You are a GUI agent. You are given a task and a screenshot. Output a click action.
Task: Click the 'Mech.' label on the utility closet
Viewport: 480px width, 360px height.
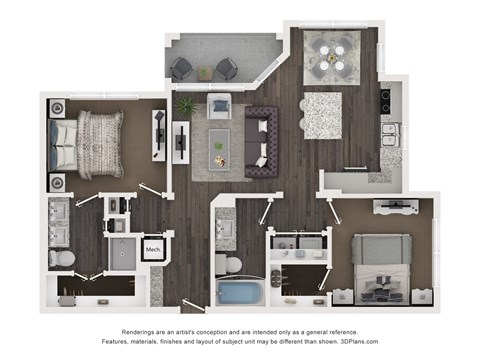(x=153, y=249)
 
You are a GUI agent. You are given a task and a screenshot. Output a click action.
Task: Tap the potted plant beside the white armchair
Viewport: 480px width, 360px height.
(x=185, y=104)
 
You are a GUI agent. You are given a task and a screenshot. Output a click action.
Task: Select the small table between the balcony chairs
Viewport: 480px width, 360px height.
(x=205, y=72)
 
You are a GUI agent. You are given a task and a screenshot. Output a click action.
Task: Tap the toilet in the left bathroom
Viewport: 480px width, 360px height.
(x=60, y=257)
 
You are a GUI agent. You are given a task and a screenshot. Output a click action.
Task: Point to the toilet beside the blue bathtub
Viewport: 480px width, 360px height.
(x=229, y=265)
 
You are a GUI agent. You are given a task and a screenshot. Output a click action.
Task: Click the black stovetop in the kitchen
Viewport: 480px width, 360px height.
(x=386, y=100)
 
